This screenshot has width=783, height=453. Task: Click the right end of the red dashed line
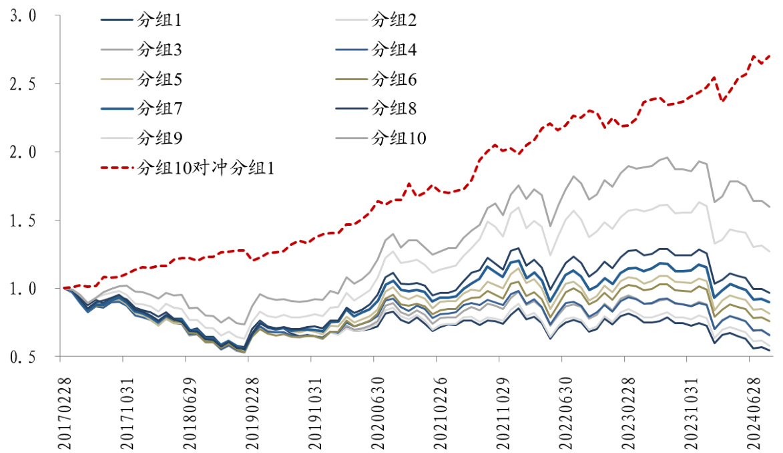click(770, 55)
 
